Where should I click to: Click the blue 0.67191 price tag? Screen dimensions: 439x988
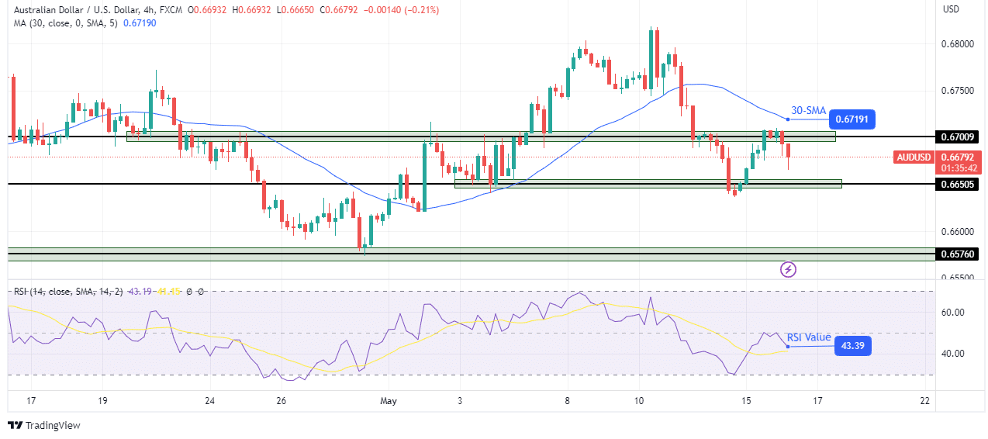[x=852, y=119]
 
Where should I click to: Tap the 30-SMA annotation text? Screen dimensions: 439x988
[x=809, y=110]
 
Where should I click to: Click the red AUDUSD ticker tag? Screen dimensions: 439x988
[x=914, y=157]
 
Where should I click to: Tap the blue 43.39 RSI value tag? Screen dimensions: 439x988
[x=852, y=346]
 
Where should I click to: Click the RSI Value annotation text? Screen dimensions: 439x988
[x=809, y=337]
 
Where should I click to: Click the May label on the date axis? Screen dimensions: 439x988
[x=389, y=401]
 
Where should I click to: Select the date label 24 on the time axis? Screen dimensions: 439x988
[x=209, y=401]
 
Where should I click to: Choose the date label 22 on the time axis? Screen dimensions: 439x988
[x=924, y=401]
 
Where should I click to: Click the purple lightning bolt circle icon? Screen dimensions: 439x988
[x=789, y=270]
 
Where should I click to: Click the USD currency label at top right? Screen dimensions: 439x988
[x=952, y=9]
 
